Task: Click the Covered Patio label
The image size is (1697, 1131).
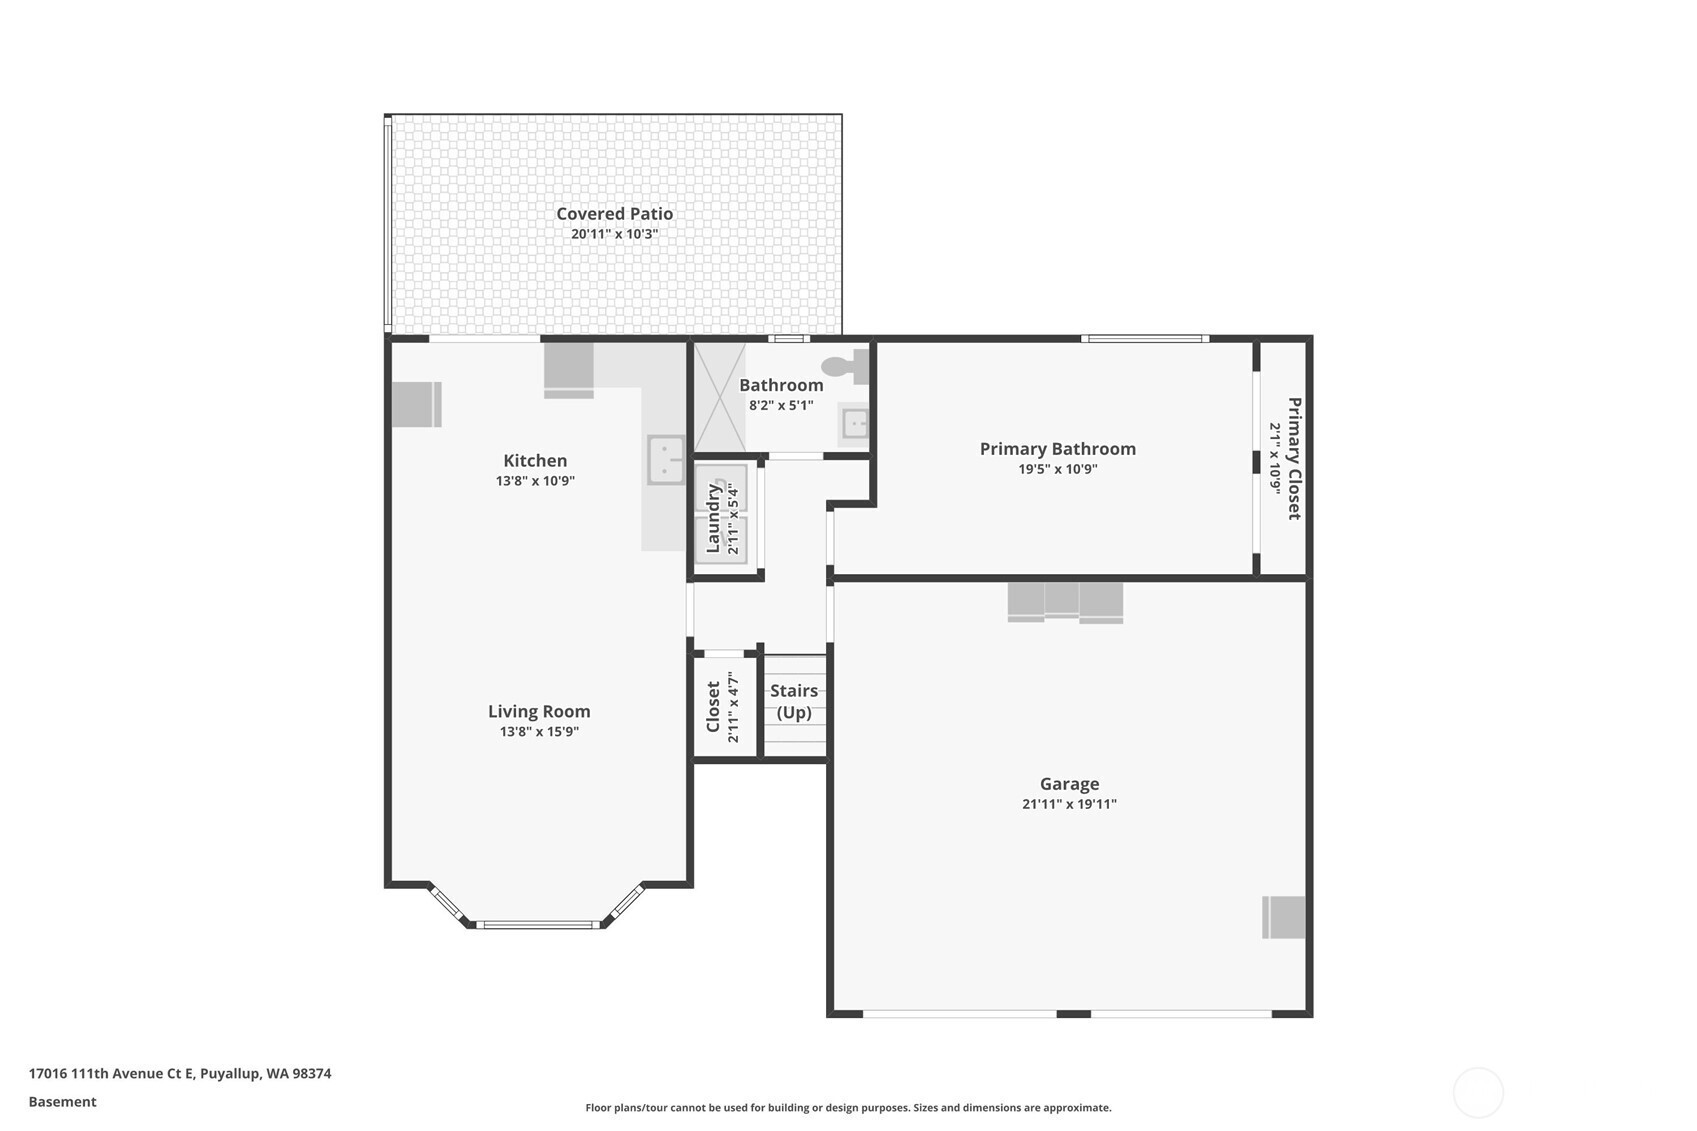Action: [x=614, y=214]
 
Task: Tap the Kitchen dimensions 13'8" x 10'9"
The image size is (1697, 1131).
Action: [x=536, y=481]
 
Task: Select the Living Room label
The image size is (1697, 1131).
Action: [x=539, y=711]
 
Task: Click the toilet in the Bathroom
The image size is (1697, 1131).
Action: [x=845, y=366]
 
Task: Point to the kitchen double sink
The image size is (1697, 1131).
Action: [x=666, y=460]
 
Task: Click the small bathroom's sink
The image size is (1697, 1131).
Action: [x=855, y=423]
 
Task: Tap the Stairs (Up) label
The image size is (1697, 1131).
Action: [x=794, y=701]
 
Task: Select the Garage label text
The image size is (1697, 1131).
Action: [x=1069, y=784]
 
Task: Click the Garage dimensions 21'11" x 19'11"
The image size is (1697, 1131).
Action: [x=1069, y=805]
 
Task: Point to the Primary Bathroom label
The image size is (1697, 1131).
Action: [x=1058, y=449]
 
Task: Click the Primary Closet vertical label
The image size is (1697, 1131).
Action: [x=1294, y=459]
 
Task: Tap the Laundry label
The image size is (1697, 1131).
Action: [x=713, y=519]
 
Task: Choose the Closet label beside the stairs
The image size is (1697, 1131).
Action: [x=713, y=707]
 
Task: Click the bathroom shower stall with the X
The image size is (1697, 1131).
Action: [x=720, y=397]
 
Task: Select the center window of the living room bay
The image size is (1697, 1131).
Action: [x=539, y=924]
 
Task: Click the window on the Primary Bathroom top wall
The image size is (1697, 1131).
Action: [x=1145, y=339]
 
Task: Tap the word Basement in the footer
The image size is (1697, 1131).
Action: [x=62, y=1102]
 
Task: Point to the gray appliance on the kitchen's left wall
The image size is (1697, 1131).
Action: [x=416, y=405]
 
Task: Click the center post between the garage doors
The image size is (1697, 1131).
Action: [x=1074, y=1014]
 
